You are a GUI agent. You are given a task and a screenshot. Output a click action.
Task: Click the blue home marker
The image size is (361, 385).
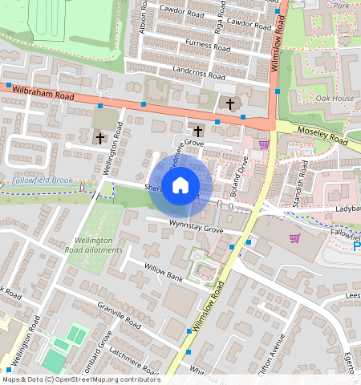(180, 186)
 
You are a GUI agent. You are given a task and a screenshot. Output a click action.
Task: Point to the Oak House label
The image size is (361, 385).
(335, 98)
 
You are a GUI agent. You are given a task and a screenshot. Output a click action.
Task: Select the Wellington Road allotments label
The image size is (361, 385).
(98, 244)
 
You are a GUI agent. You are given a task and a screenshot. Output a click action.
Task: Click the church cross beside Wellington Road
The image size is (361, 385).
(100, 138)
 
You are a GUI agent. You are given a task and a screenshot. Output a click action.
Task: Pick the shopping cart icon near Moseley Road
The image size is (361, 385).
(264, 144)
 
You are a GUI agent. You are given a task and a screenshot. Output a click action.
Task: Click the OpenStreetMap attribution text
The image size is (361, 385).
(81, 379)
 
